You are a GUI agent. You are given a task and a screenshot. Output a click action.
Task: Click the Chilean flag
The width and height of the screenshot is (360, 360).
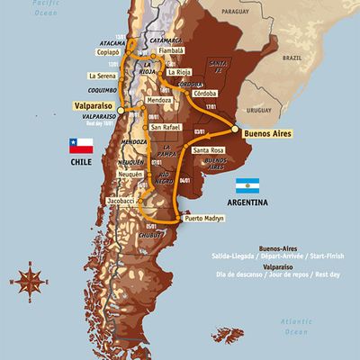pyautogui.click(x=81, y=146)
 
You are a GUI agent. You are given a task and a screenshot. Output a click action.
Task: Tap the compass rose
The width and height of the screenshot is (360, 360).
pyautogui.click(x=31, y=280)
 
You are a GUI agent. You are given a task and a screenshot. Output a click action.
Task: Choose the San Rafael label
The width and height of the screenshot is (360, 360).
pyautogui.click(x=166, y=127)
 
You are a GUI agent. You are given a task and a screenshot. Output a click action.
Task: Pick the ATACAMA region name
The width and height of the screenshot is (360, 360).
pyautogui.click(x=111, y=41)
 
